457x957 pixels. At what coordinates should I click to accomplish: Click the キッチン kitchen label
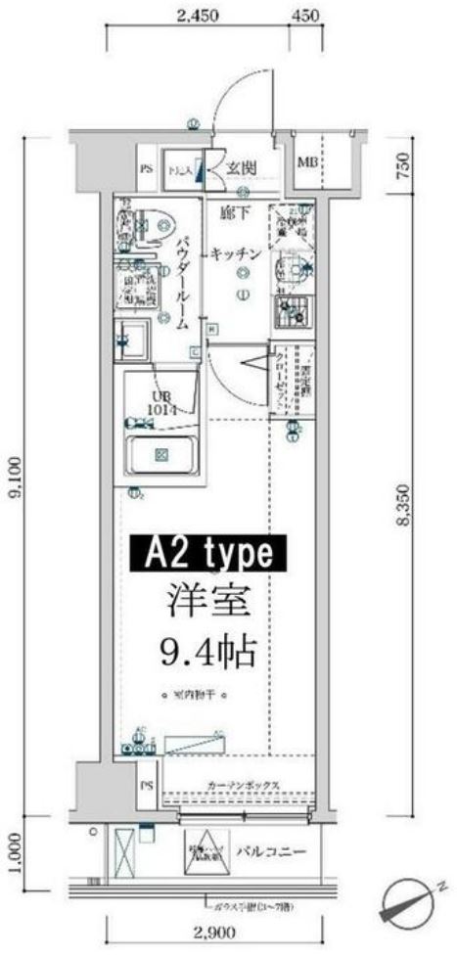(235, 253)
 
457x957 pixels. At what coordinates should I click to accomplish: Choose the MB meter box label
(306, 161)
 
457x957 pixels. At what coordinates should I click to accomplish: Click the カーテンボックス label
(245, 786)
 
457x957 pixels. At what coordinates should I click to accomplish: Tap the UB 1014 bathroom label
(161, 403)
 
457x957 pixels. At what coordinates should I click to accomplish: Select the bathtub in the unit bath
(161, 455)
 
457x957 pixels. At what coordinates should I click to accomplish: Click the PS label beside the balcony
(147, 786)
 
